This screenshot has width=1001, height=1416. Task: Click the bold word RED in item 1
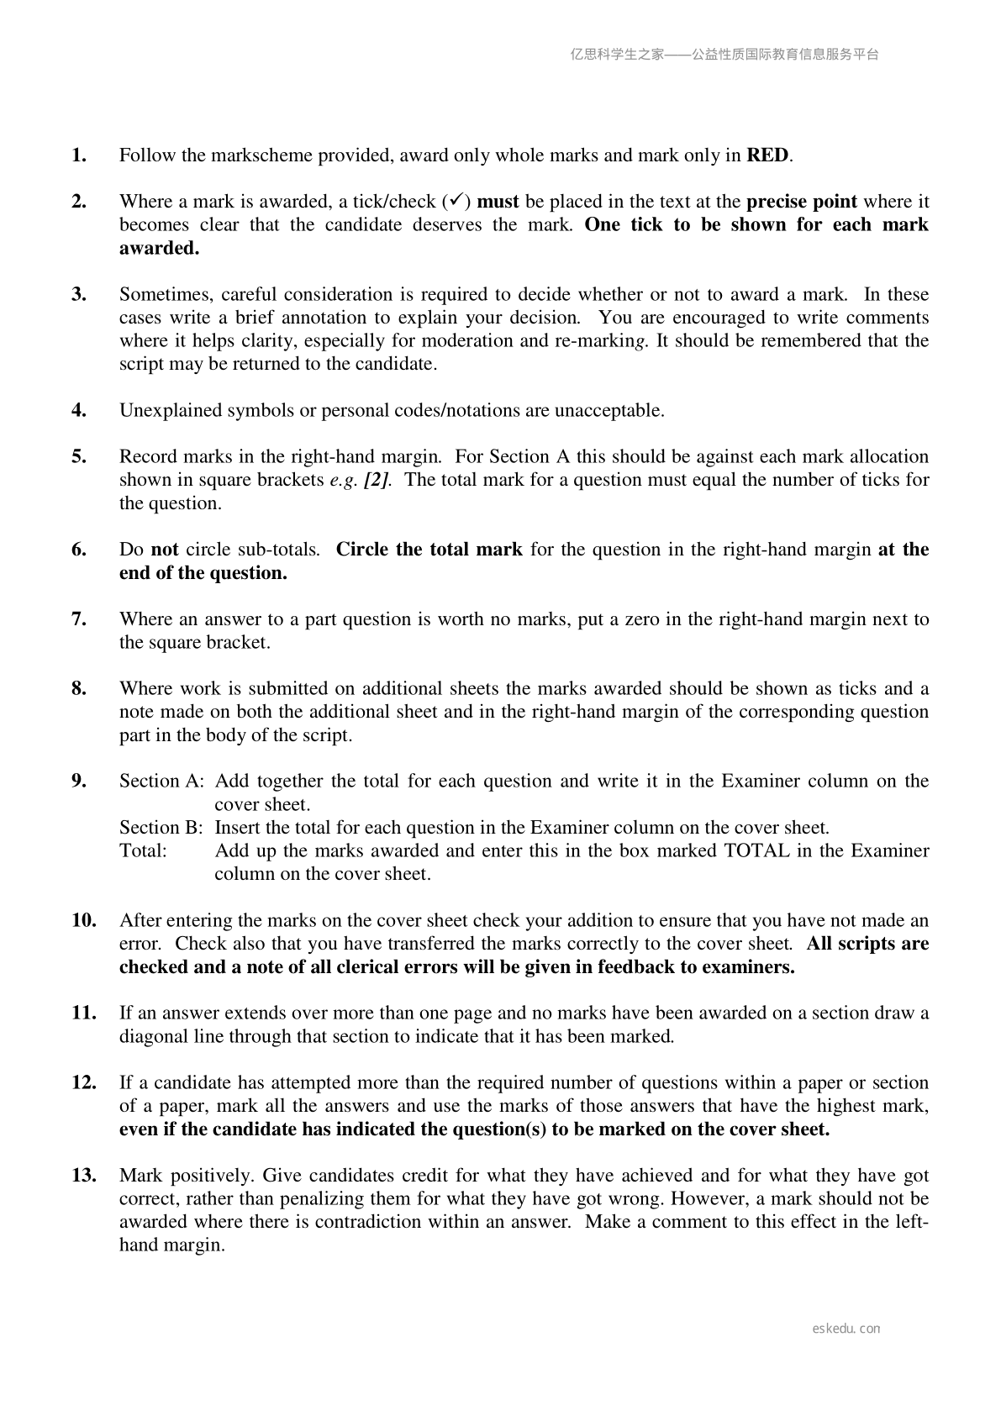coord(767,155)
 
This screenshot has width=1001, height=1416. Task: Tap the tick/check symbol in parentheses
coord(454,201)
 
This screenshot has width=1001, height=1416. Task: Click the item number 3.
coord(79,294)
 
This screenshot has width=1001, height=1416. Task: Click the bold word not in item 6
coord(165,550)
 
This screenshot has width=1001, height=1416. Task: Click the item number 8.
coord(79,688)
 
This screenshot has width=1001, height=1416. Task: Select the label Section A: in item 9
coord(161,781)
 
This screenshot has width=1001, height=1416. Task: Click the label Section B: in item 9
coord(161,827)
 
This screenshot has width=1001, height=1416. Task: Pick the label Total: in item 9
coord(144,850)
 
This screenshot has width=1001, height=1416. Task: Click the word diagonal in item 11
coord(154,1036)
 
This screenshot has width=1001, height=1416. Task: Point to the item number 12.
coord(83,1082)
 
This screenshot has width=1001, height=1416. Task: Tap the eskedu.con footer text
coord(846,1329)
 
